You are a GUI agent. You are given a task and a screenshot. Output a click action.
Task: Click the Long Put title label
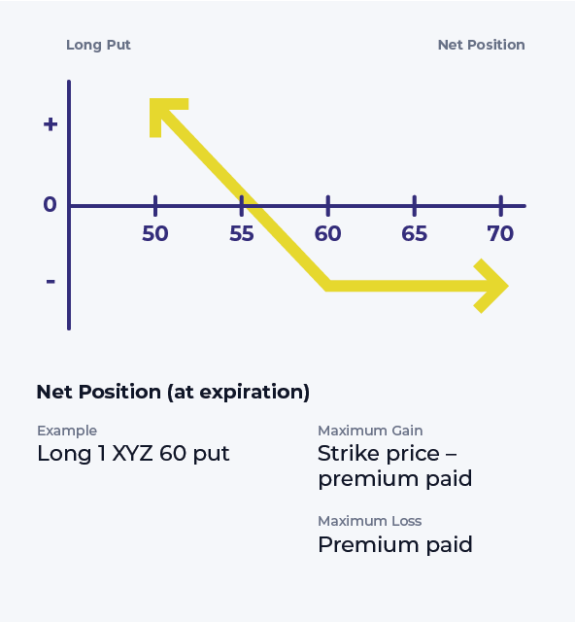(98, 46)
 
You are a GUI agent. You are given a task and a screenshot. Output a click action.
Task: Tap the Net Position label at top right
(481, 46)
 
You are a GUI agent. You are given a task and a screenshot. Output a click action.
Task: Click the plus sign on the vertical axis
(51, 124)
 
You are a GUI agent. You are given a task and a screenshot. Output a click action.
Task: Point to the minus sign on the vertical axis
(51, 282)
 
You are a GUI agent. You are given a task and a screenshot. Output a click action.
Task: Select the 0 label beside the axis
(50, 205)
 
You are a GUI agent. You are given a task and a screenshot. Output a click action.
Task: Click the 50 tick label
(155, 233)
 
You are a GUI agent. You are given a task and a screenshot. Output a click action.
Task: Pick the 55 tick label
(242, 233)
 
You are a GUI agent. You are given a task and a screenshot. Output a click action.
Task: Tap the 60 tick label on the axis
(328, 233)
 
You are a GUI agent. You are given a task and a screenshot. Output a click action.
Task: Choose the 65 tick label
(415, 233)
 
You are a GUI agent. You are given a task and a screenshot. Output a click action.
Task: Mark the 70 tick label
(500, 233)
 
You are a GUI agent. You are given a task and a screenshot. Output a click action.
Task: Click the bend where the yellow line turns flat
(328, 286)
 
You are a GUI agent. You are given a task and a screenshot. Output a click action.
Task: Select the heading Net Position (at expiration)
(173, 393)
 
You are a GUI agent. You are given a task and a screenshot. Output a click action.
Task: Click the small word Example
(67, 431)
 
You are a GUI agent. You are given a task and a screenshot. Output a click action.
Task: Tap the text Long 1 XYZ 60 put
(133, 454)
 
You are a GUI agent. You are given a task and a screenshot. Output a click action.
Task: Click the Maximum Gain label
(370, 431)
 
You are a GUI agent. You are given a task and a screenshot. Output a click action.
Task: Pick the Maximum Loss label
(370, 521)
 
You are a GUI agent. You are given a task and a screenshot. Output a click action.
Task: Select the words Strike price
(379, 454)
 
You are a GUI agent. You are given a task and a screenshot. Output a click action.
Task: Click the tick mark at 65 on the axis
(415, 206)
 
